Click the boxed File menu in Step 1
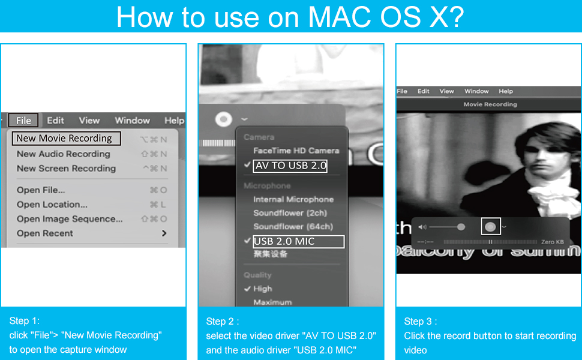click(x=23, y=120)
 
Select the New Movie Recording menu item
click(x=65, y=139)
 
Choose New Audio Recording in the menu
click(x=64, y=154)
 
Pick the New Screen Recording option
click(x=66, y=169)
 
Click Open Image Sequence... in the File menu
click(x=70, y=219)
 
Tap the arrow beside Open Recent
click(x=164, y=233)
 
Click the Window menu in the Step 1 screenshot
click(x=132, y=120)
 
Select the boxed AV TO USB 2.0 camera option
click(x=290, y=166)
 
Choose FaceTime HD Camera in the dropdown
click(x=296, y=151)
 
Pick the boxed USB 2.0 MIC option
click(x=298, y=241)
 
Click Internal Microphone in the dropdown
click(x=293, y=199)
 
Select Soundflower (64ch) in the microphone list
click(x=293, y=227)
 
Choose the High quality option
click(x=262, y=289)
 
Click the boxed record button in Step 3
click(x=490, y=226)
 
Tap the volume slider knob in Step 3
click(x=461, y=227)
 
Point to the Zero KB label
click(x=552, y=242)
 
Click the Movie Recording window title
click(x=490, y=104)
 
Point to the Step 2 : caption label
click(x=222, y=322)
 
